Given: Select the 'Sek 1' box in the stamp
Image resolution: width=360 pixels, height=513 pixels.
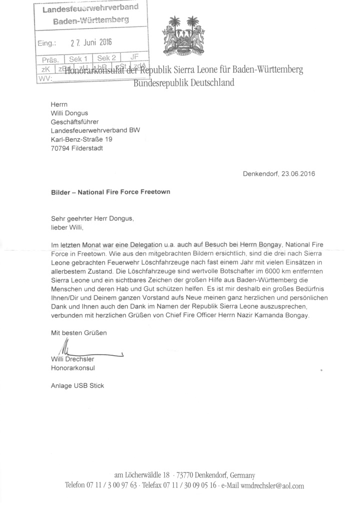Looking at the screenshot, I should point(79,59).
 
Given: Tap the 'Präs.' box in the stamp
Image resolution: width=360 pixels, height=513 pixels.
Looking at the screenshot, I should point(51,59).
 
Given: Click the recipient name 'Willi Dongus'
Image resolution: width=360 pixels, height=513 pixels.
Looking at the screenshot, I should point(70,113).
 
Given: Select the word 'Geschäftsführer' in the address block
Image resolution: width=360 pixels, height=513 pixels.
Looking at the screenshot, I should point(75,122).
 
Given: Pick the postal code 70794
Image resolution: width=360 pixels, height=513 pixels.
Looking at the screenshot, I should point(61,148).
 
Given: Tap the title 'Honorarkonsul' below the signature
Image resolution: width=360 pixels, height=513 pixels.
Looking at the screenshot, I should point(73,368).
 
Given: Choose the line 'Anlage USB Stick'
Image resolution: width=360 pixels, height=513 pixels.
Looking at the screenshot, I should point(78,386).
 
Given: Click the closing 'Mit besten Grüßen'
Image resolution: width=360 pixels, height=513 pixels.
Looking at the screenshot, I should point(79,333).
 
